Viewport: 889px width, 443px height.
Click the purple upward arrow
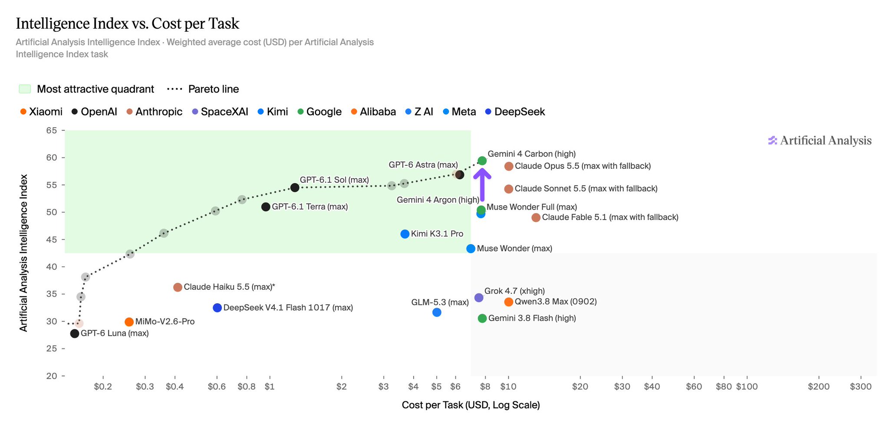pos(482,184)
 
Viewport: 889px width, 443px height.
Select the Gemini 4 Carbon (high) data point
pos(482,161)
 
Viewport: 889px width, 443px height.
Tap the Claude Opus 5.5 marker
pos(509,166)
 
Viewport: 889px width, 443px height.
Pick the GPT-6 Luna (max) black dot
pos(75,334)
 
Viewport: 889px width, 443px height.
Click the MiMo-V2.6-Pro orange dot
pos(129,322)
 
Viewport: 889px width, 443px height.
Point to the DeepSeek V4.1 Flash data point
pos(217,308)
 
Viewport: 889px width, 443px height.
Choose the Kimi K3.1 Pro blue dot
pos(405,234)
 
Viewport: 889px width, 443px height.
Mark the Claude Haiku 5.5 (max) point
pos(178,287)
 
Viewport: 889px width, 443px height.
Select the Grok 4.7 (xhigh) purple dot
pos(479,298)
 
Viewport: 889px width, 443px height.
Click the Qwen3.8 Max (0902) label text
pos(556,302)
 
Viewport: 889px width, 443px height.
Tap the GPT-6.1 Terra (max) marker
pos(266,207)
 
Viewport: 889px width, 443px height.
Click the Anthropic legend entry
pos(154,112)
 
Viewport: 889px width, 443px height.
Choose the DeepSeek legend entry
pos(515,112)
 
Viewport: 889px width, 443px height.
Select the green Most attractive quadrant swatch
pos(25,89)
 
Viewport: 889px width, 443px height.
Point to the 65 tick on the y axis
pos(51,130)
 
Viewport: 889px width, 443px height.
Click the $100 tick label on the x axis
pos(747,387)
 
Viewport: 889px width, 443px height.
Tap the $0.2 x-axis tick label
pos(103,387)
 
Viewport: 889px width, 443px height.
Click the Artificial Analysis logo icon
pos(773,141)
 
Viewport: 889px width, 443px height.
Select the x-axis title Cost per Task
pos(471,405)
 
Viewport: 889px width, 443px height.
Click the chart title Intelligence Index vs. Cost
pos(128,23)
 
